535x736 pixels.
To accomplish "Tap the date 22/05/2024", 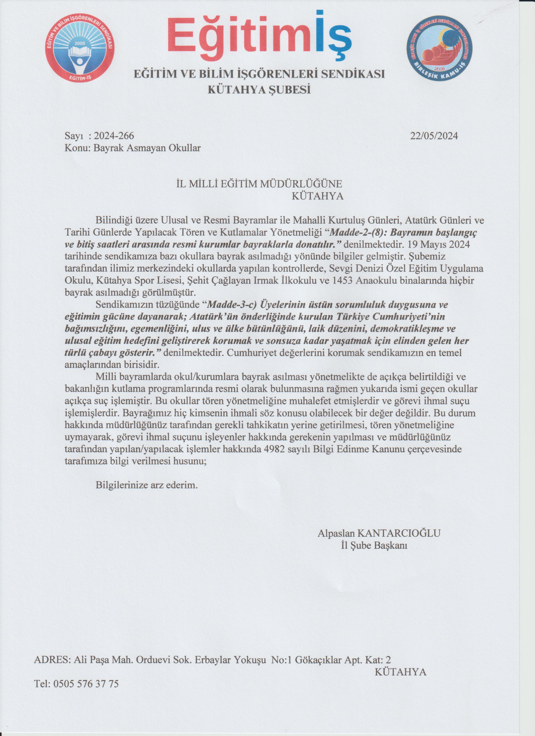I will point(434,136).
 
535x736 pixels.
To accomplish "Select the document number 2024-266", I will point(114,136).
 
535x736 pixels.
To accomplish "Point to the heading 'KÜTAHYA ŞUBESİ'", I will point(259,90).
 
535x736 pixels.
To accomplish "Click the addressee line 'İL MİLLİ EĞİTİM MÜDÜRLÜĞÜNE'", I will point(258,184).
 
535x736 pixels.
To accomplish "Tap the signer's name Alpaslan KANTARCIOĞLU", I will point(379,533).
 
